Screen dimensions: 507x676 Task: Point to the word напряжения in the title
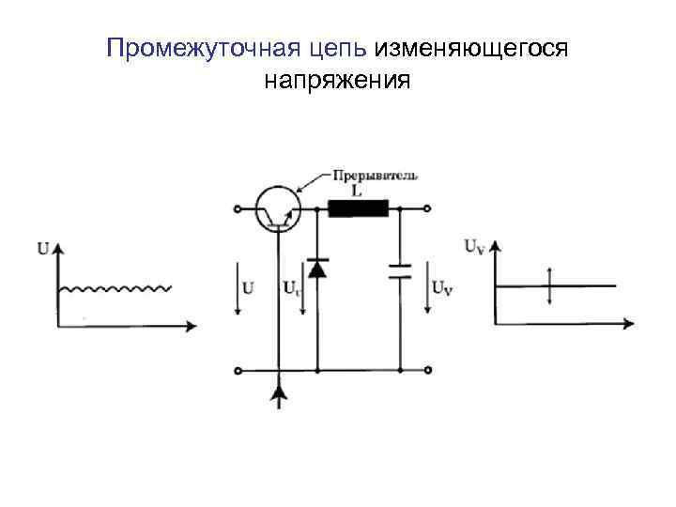337,82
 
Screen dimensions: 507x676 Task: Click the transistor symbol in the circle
279,208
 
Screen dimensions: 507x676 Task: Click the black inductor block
358,208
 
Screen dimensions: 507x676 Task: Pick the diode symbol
316,269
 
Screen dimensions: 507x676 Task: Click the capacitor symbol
401,271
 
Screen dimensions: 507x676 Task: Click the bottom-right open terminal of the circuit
427,370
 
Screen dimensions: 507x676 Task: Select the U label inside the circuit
249,288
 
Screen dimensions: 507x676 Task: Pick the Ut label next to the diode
291,288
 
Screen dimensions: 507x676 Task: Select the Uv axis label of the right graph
475,248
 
